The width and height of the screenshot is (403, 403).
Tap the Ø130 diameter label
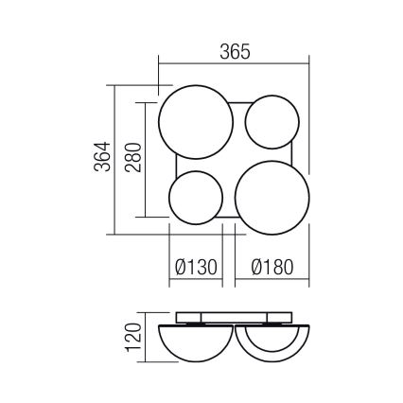click(196, 269)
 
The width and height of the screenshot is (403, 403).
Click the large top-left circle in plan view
click(193, 125)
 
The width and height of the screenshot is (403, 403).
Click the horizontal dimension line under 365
click(233, 64)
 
